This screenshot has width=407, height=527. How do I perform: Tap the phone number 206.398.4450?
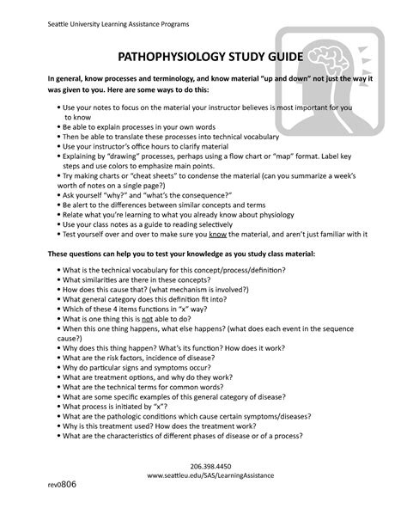pos(203,487)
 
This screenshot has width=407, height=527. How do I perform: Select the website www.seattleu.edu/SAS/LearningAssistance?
pos(203,498)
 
